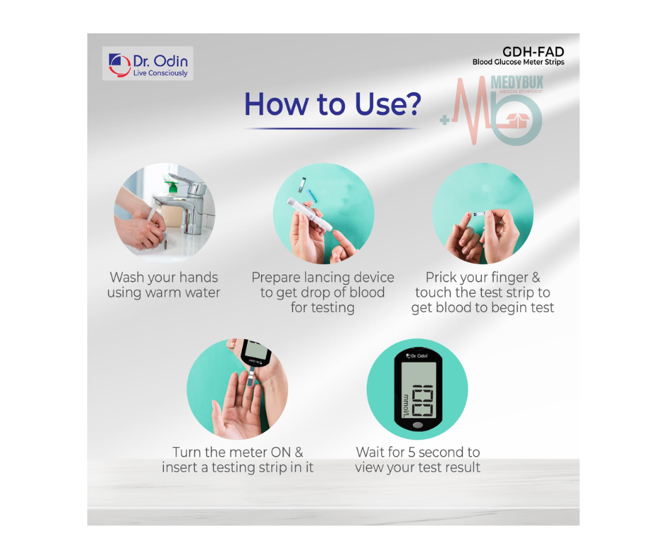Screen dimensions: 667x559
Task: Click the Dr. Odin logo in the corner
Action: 148,63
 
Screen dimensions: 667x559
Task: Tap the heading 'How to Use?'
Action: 332,104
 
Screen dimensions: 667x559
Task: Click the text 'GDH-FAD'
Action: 533,52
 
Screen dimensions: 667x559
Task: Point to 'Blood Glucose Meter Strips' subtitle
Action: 518,62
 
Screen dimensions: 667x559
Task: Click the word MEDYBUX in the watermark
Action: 517,82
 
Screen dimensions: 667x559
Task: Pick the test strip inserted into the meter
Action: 251,379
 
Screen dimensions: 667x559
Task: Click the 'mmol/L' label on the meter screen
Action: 406,405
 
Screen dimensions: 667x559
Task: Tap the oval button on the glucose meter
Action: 418,425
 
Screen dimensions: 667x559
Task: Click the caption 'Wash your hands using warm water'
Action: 164,284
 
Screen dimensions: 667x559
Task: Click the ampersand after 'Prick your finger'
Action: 535,277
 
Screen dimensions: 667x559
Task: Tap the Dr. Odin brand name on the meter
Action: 417,355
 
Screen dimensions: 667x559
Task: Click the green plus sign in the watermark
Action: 445,121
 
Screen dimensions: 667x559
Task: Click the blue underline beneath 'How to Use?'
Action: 332,128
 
